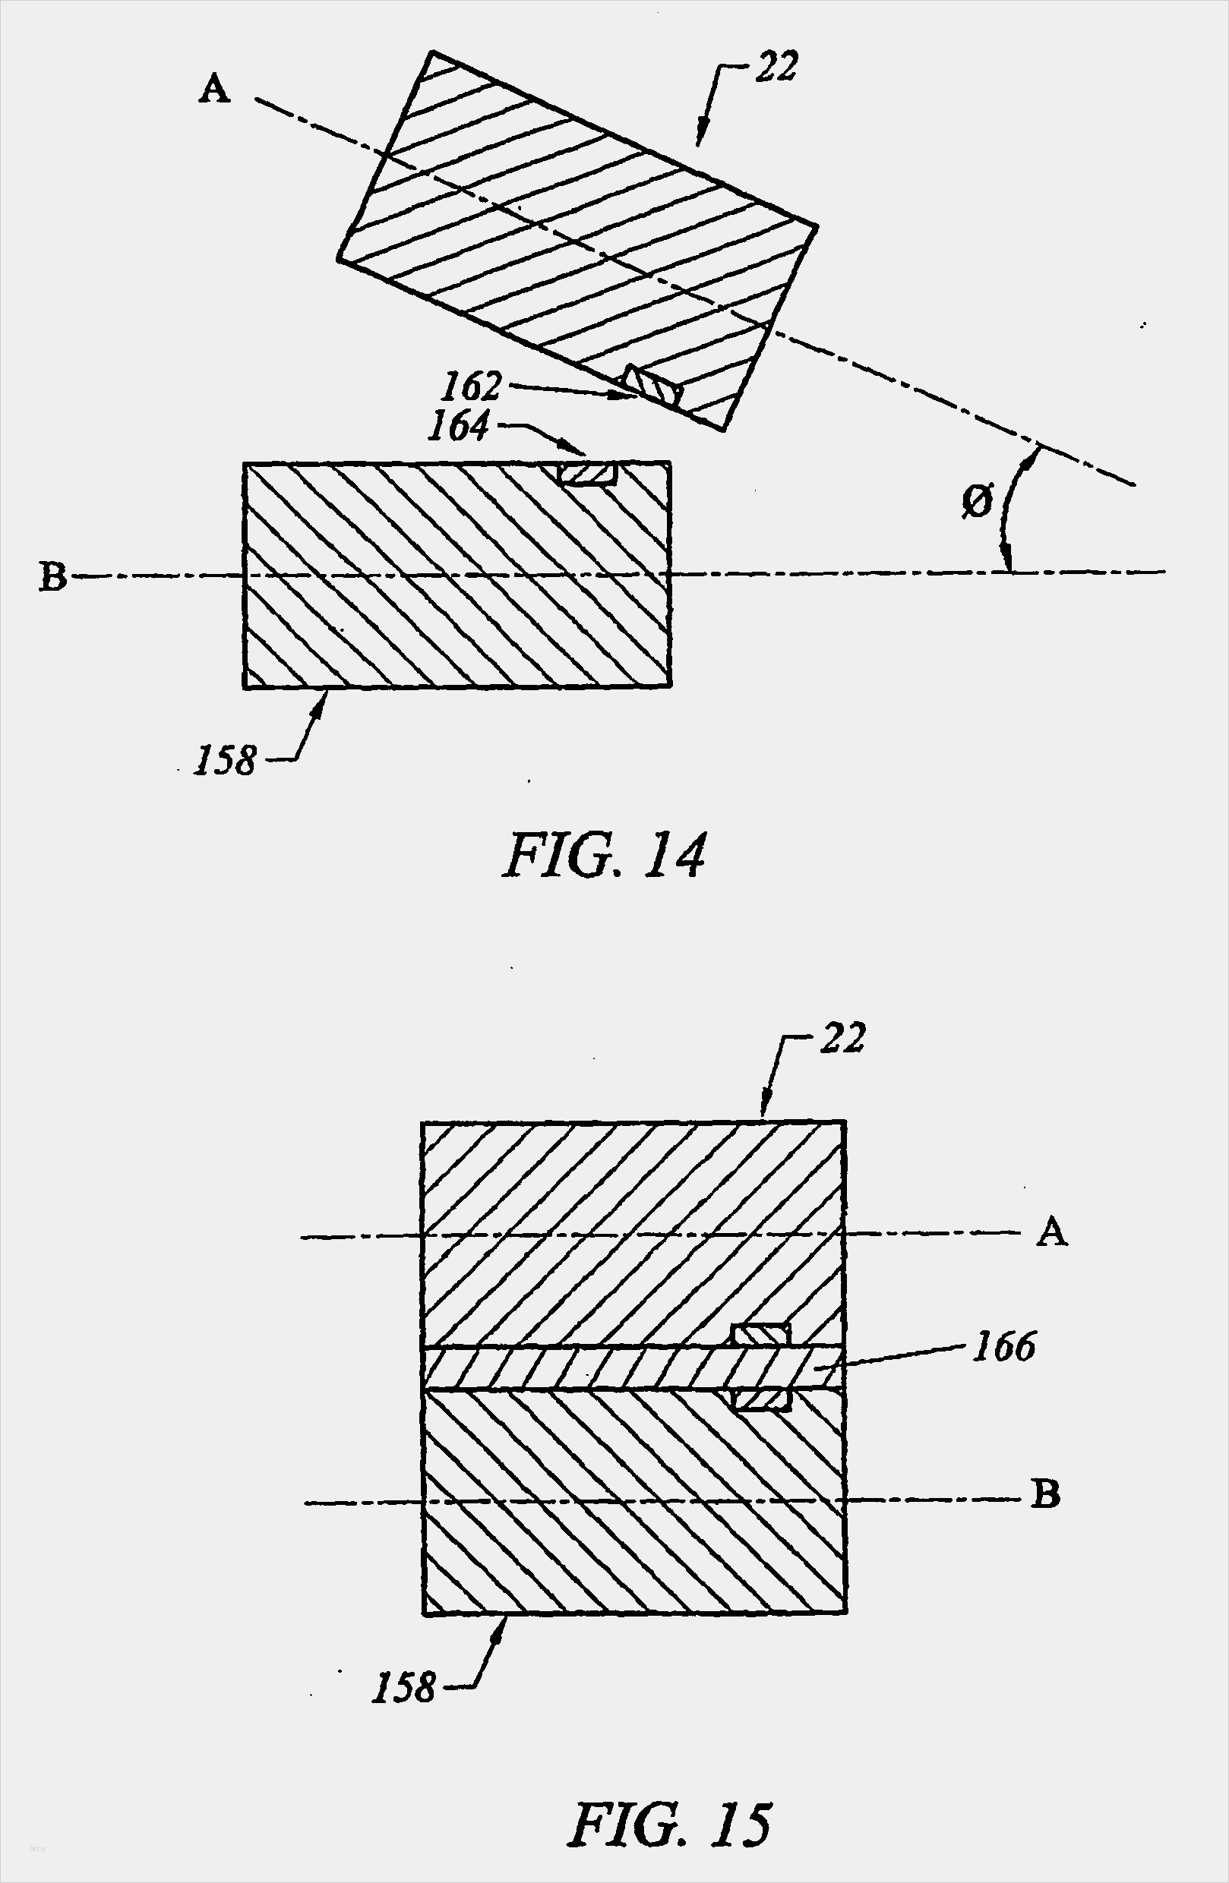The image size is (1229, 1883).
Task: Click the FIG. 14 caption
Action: pos(603,856)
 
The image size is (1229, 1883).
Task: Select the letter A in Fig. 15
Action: pos(1052,1232)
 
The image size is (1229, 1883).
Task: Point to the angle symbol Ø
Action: pos(978,501)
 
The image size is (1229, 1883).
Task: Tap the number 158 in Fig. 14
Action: pos(226,760)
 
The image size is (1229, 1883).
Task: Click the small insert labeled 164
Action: pos(587,473)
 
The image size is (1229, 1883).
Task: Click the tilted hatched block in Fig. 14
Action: pos(577,241)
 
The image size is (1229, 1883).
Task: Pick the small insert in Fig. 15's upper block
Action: pos(760,1335)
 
